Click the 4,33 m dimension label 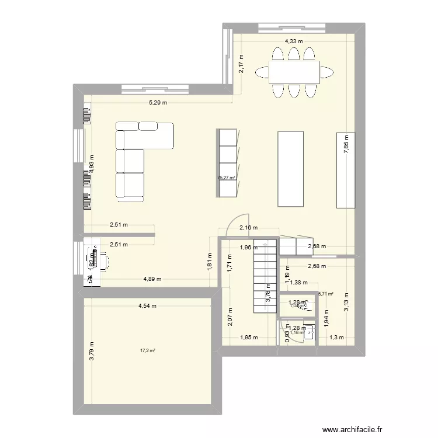click(294, 41)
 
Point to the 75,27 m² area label click(226, 178)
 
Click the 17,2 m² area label click(147, 351)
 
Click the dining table click(294, 72)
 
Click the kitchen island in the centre click(290, 169)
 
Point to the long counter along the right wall click(346, 170)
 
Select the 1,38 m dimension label click(299, 283)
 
